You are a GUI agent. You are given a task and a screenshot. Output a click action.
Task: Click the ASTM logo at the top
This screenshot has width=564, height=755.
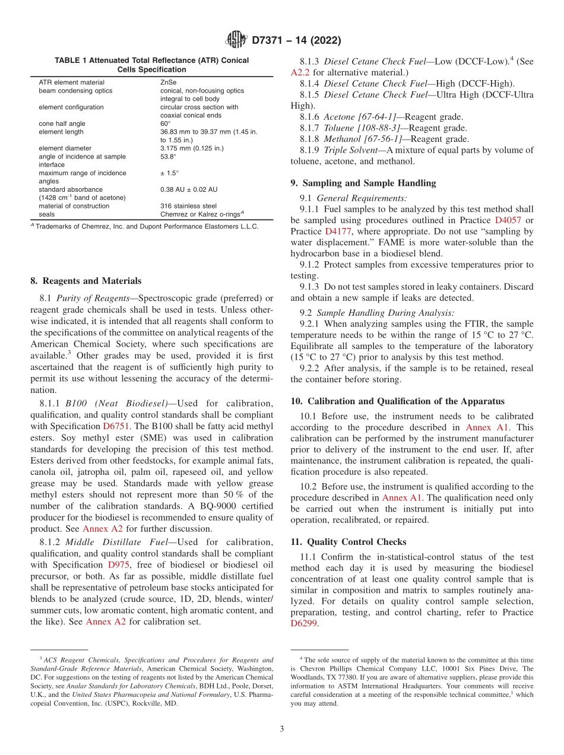pos(236,41)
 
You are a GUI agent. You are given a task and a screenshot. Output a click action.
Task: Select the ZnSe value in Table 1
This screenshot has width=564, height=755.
pos(168,83)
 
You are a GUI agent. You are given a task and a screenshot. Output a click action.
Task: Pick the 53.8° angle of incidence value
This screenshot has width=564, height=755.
pos(169,157)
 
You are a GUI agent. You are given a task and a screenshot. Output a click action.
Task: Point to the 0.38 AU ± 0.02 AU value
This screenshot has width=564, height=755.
pos(189,189)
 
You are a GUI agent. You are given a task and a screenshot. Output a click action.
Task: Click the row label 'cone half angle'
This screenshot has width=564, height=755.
pos(62,123)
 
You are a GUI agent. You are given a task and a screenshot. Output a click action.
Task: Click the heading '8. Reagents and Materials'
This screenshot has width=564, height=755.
pos(85,281)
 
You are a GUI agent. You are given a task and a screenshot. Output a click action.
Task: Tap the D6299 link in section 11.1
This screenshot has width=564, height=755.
pos(305,623)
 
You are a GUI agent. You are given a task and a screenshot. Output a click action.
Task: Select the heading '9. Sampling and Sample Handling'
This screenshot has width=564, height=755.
pos(363,183)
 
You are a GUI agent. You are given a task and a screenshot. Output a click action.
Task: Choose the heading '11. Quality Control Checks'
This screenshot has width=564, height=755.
pos(347,541)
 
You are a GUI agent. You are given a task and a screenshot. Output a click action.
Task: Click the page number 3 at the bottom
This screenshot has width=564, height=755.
pos(281,729)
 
